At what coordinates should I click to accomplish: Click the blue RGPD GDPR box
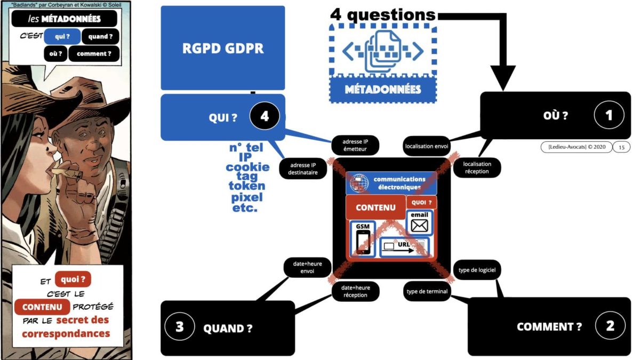pyautogui.click(x=222, y=48)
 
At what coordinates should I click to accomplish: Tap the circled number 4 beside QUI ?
pyautogui.click(x=264, y=117)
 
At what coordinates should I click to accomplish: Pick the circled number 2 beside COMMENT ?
pyautogui.click(x=610, y=326)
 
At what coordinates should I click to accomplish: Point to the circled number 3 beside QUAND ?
pyautogui.click(x=179, y=327)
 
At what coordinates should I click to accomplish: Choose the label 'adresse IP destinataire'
pyautogui.click(x=302, y=168)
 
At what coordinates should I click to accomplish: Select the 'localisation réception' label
pyautogui.click(x=477, y=167)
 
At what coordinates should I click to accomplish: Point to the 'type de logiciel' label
pyautogui.click(x=477, y=270)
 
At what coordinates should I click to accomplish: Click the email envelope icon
pyautogui.click(x=420, y=225)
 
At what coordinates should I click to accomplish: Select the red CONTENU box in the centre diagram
pyautogui.click(x=375, y=207)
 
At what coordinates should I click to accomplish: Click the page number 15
pyautogui.click(x=621, y=147)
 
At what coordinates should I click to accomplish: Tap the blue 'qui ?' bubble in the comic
pyautogui.click(x=63, y=36)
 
